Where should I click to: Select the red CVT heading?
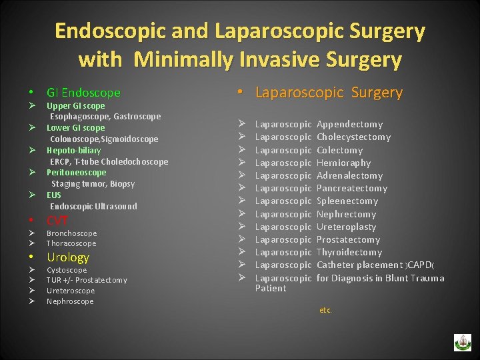point(57,221)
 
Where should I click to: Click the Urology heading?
point(67,257)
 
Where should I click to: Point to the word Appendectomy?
point(349,124)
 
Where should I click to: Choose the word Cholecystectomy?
point(353,137)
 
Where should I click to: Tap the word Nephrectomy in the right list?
point(346,214)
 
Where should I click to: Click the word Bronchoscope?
point(71,233)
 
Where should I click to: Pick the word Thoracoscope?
point(71,243)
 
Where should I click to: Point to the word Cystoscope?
point(67,270)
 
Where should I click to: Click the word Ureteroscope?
point(71,291)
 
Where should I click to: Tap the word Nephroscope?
point(70,301)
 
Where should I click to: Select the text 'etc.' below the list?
point(325,310)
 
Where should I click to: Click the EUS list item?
point(53,195)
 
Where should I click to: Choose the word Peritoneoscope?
point(76,172)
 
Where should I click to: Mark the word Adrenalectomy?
point(349,175)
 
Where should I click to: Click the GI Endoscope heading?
point(83,93)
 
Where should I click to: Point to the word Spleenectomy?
point(347,201)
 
